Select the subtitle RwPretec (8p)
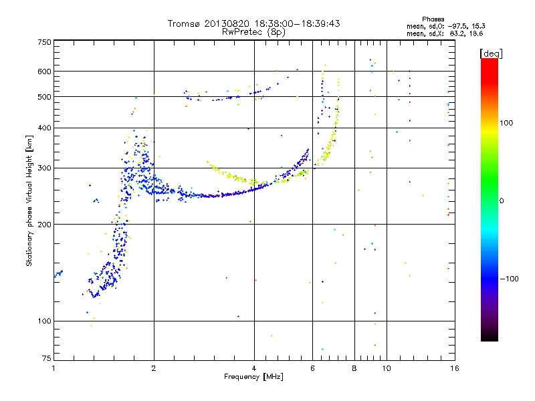pos(253,32)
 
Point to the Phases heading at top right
pos(433,19)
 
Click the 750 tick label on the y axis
pos(44,42)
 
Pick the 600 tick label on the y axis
pos(44,72)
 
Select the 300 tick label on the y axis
pos(44,168)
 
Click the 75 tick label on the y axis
pos(47,358)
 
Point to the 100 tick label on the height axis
pos(44,321)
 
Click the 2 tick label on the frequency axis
pos(154,368)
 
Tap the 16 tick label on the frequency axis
pos(455,368)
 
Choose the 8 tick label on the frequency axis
pos(354,368)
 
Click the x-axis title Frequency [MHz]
pos(253,377)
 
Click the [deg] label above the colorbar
pos(491,53)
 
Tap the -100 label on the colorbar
pos(509,279)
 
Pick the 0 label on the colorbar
pos(502,201)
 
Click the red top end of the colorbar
pos(490,60)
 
